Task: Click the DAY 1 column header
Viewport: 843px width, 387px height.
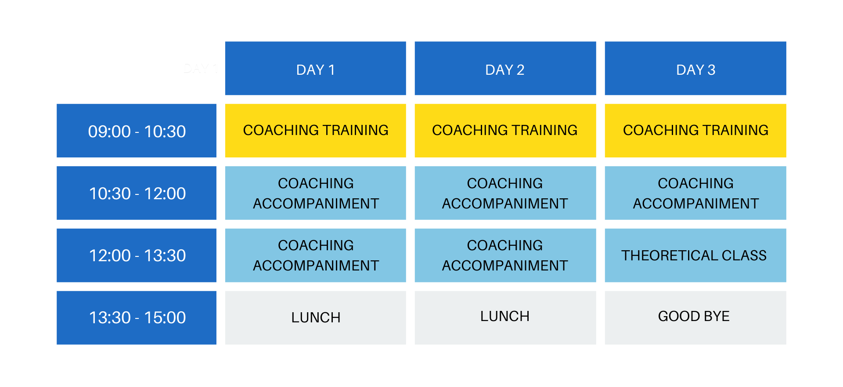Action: click(x=315, y=68)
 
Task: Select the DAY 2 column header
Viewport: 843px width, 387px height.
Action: click(x=505, y=68)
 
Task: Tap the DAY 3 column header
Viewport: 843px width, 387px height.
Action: click(x=695, y=68)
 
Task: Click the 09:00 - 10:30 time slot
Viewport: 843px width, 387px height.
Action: click(x=137, y=131)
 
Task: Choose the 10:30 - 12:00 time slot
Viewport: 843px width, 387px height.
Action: click(x=137, y=193)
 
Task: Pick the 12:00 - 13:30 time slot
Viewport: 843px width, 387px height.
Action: click(x=137, y=256)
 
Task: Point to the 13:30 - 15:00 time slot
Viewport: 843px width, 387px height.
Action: click(x=137, y=318)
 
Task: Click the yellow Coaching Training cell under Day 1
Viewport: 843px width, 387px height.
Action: click(x=315, y=131)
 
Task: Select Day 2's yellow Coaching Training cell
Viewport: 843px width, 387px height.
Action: click(x=505, y=131)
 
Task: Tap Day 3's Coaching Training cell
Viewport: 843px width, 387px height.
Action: click(x=695, y=131)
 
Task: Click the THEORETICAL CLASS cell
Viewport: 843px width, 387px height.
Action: click(x=695, y=256)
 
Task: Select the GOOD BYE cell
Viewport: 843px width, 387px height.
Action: click(x=695, y=318)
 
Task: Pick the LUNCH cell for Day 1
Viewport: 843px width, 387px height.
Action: click(x=315, y=318)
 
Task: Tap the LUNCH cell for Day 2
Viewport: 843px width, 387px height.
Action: click(x=505, y=318)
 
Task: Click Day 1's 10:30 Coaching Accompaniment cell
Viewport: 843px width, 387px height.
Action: click(x=315, y=193)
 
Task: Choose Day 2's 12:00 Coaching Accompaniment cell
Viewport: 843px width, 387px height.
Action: click(x=505, y=256)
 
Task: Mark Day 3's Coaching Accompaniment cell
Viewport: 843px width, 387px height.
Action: click(x=695, y=193)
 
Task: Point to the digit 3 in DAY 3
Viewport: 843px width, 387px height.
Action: click(x=711, y=70)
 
